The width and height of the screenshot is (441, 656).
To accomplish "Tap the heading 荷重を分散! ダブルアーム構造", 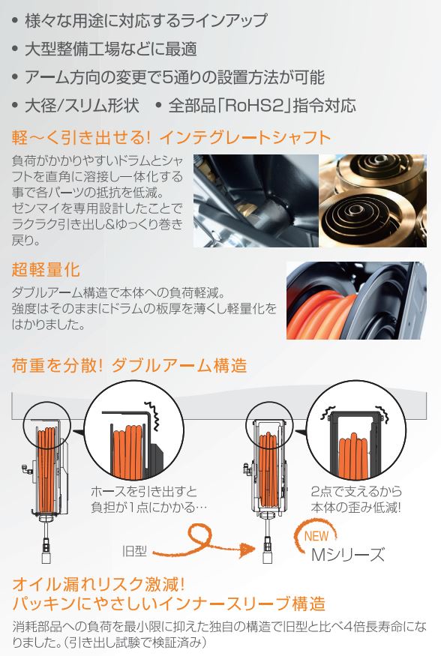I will [x=129, y=366].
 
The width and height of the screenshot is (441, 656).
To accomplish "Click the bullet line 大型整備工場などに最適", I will [x=112, y=49].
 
